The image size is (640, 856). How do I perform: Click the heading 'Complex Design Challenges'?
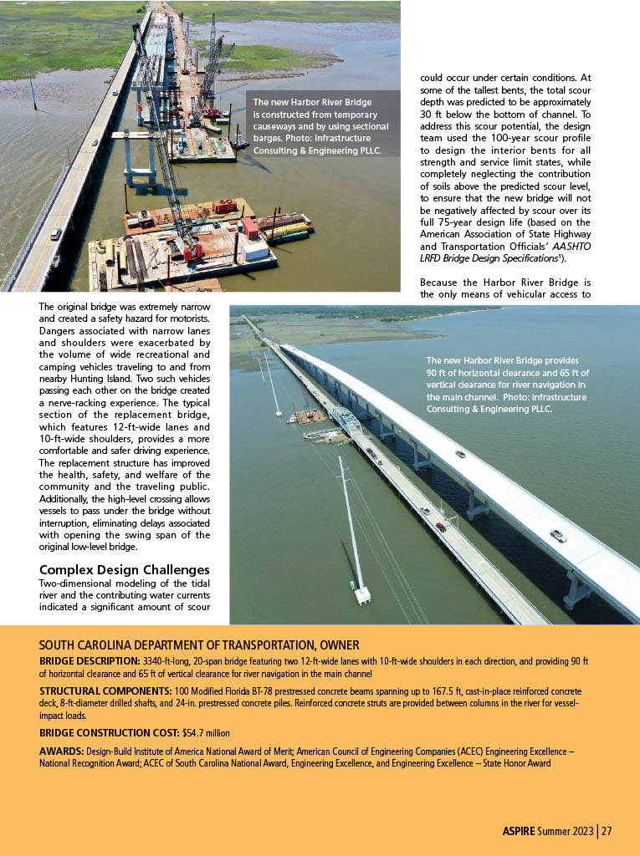tap(124, 570)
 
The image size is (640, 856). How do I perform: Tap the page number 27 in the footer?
tap(607, 831)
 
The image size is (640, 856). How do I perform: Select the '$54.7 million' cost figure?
tap(206, 732)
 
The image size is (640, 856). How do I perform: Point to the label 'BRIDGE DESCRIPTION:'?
tap(90, 660)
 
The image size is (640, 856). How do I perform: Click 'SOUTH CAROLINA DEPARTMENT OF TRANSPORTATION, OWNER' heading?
tap(199, 645)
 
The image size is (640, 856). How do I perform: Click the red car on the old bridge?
tap(440, 527)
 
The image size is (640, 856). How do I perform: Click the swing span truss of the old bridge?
tap(346, 420)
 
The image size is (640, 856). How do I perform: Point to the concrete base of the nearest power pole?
tap(362, 595)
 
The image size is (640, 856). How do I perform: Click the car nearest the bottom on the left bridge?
tap(55, 234)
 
